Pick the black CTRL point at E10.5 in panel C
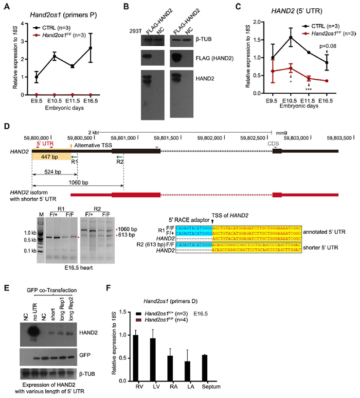pos(290,37)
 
